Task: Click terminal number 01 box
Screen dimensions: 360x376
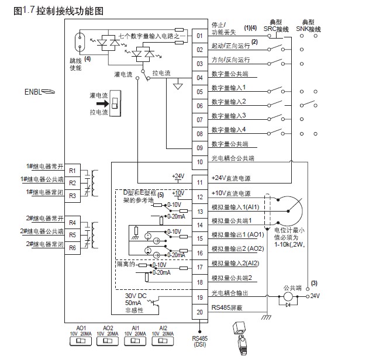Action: [x=199, y=35]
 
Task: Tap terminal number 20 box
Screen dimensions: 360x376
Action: [x=199, y=312]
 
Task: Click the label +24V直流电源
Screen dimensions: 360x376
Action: [x=230, y=179]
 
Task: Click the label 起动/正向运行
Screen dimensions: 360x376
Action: [x=230, y=46]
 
